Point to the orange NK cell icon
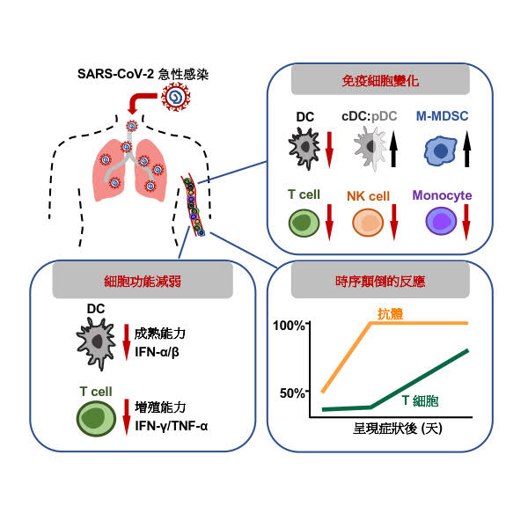(x=366, y=223)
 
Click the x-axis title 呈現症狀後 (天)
(x=380, y=429)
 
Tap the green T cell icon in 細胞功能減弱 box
(x=96, y=418)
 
